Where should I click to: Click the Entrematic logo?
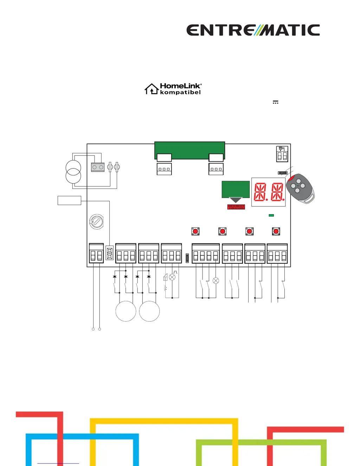click(253, 30)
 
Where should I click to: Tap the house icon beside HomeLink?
click(152, 89)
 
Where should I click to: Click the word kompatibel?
click(180, 92)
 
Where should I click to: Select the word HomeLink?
click(180, 86)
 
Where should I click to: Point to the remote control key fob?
click(300, 188)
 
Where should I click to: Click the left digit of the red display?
click(260, 192)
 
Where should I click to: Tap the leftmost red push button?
click(195, 231)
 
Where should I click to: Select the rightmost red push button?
click(276, 231)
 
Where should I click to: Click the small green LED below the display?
click(271, 215)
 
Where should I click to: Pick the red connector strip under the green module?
click(236, 207)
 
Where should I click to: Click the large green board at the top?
click(189, 148)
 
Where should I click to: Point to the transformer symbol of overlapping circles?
click(73, 172)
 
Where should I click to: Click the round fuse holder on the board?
click(96, 222)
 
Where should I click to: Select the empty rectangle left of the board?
click(69, 200)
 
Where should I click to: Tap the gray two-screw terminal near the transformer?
click(98, 167)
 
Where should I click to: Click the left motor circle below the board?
click(126, 311)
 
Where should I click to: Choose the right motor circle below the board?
click(149, 311)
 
